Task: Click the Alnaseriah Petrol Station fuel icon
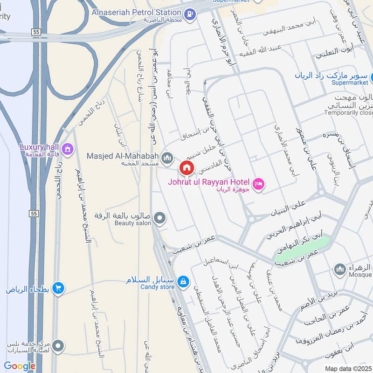click(x=189, y=14)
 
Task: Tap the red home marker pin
click(x=187, y=168)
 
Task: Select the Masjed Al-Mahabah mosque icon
click(x=167, y=159)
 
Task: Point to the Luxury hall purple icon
click(x=68, y=149)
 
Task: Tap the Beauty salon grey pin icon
click(x=160, y=218)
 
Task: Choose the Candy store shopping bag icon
click(x=184, y=281)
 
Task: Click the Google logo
click(x=20, y=366)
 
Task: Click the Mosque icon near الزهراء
click(x=339, y=269)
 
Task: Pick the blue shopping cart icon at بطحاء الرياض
click(x=58, y=288)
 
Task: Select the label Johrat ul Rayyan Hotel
click(x=209, y=181)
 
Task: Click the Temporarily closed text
click(x=348, y=113)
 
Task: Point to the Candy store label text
click(x=157, y=287)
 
